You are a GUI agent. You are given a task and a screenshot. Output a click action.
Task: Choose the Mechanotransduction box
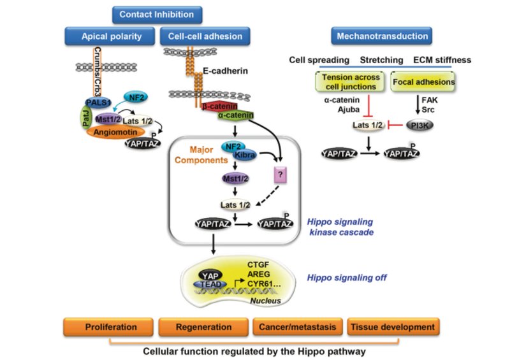pyautogui.click(x=381, y=36)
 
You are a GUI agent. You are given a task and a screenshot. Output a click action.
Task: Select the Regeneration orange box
pyautogui.click(x=203, y=328)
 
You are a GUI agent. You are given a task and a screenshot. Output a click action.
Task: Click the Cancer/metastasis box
pyautogui.click(x=298, y=328)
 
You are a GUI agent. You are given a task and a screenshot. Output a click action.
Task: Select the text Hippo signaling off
pyautogui.click(x=346, y=278)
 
